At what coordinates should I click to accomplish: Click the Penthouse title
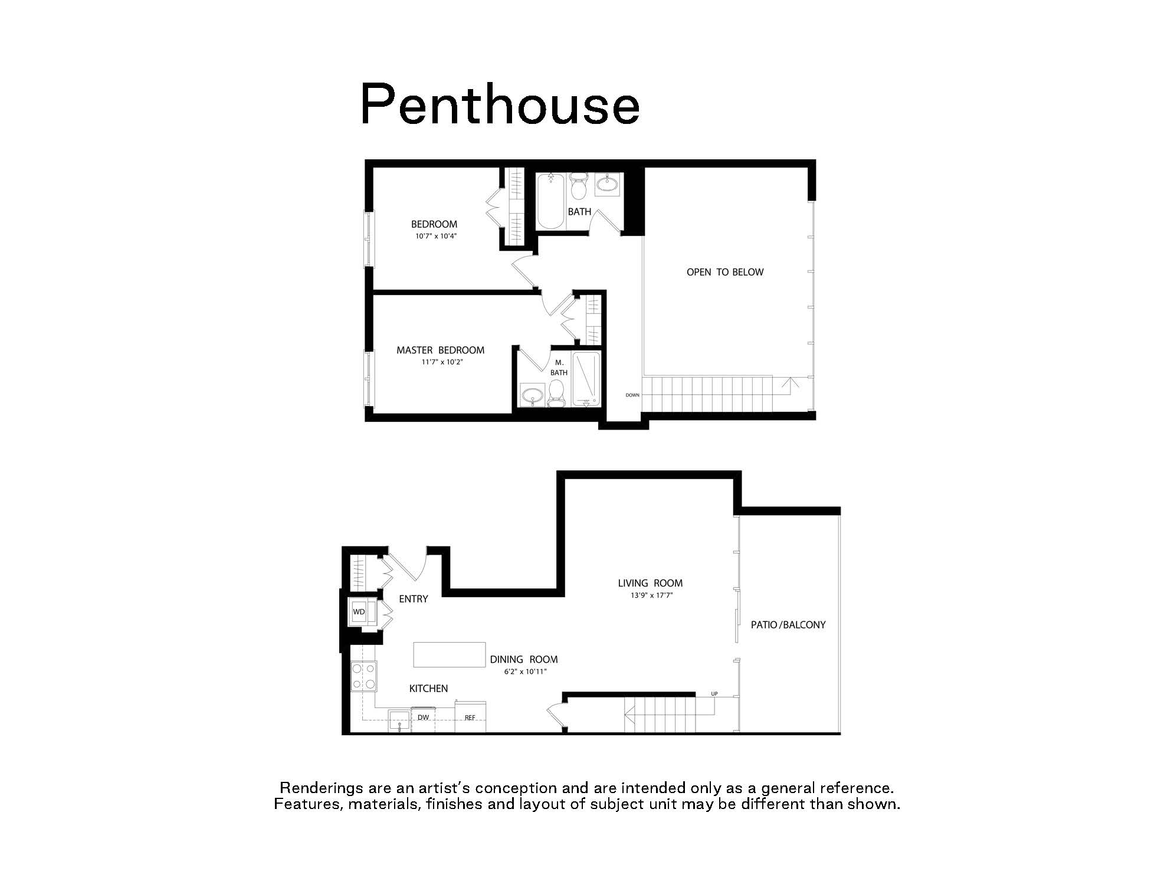pyautogui.click(x=499, y=104)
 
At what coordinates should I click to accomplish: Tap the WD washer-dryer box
pyautogui.click(x=359, y=612)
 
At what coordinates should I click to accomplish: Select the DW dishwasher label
pyautogui.click(x=423, y=718)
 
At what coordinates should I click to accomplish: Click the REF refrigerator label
pyautogui.click(x=470, y=718)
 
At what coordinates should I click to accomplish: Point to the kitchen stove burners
pyautogui.click(x=363, y=676)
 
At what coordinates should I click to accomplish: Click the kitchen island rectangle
pyautogui.click(x=449, y=654)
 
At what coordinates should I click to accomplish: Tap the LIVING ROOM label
pyautogui.click(x=650, y=583)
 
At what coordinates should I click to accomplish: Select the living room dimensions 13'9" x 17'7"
pyautogui.click(x=651, y=595)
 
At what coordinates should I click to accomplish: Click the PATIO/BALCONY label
pyautogui.click(x=788, y=624)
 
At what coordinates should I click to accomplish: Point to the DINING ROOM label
pyautogui.click(x=524, y=659)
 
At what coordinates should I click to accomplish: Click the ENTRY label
pyautogui.click(x=413, y=599)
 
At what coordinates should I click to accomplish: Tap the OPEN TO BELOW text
pyautogui.click(x=725, y=272)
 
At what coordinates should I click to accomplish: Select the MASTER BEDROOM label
pyautogui.click(x=440, y=350)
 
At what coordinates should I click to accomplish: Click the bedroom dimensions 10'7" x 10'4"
pyautogui.click(x=436, y=236)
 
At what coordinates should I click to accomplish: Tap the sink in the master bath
pyautogui.click(x=533, y=394)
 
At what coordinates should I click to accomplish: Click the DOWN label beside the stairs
pyautogui.click(x=632, y=395)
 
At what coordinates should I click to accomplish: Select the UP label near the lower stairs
pyautogui.click(x=714, y=693)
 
